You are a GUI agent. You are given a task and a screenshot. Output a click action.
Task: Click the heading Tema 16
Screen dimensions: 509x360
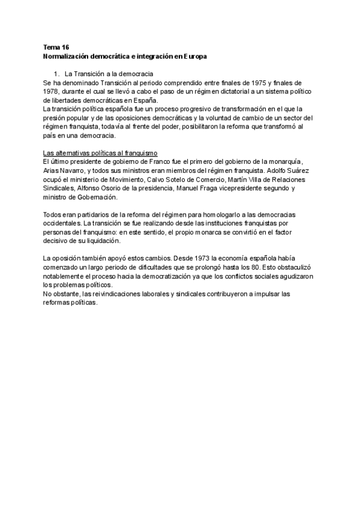56,46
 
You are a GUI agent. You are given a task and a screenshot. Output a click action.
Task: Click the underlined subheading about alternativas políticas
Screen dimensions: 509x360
100,153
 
